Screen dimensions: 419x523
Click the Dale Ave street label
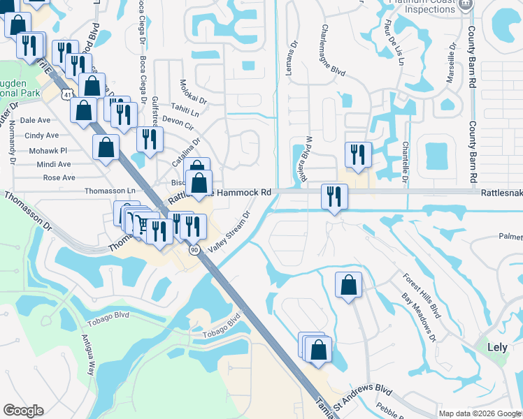pyautogui.click(x=35, y=120)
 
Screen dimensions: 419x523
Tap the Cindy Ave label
pyautogui.click(x=42, y=135)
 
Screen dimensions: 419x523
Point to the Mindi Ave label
pyautogui.click(x=54, y=164)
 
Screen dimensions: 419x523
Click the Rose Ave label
pyautogui.click(x=59, y=177)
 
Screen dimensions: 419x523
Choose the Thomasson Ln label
pyautogui.click(x=109, y=191)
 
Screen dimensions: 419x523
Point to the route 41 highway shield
pyautogui.click(x=64, y=93)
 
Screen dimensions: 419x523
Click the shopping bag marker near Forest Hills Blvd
pyautogui.click(x=348, y=285)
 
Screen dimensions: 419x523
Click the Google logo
pyautogui.click(x=23, y=411)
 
